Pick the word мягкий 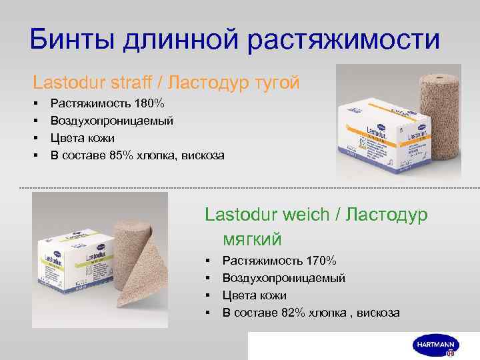point(253,238)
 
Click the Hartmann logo point(434,345)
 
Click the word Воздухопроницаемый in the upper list point(112,121)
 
